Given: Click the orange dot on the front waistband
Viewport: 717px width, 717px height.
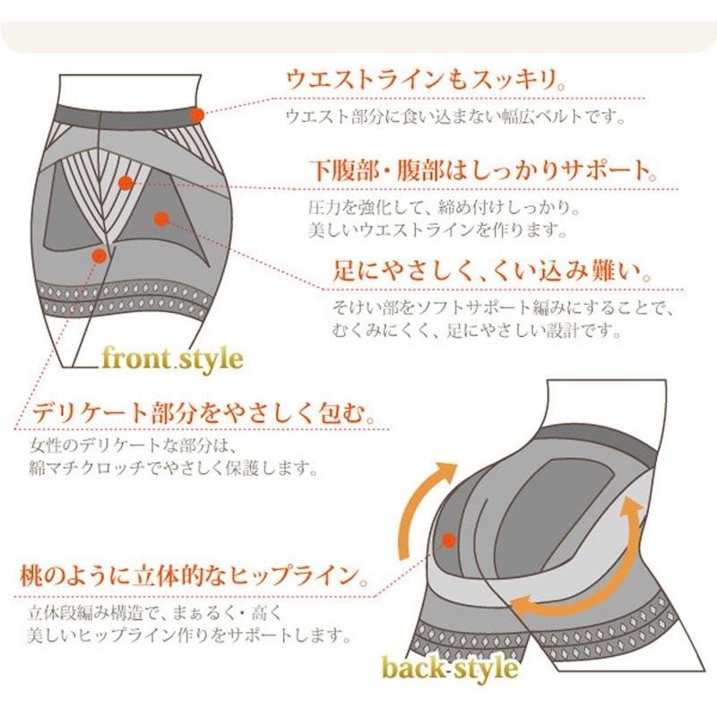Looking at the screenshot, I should point(196,114).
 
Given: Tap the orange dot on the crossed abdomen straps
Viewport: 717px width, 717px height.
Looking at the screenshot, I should point(125,183).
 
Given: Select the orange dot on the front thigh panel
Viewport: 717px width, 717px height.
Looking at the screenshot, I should point(160,217).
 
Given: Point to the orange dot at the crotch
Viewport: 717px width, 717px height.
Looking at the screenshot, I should point(99,255).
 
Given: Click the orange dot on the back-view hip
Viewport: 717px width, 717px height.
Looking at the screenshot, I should point(447,541).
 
